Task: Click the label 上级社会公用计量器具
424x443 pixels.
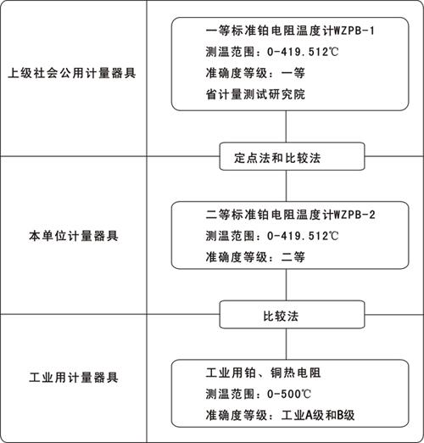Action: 72,73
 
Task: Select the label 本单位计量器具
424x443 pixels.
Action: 74,236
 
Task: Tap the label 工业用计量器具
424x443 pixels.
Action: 74,378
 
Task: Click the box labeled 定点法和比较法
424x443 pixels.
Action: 292,156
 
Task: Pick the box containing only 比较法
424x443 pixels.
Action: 292,315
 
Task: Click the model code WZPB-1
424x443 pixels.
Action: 354,31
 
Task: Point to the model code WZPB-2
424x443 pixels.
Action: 354,215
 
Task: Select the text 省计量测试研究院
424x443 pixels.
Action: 255,94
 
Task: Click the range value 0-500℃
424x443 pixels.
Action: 288,394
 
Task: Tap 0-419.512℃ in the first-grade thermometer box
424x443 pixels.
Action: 303,52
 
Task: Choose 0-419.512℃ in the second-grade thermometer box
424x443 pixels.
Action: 303,236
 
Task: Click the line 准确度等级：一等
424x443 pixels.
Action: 255,73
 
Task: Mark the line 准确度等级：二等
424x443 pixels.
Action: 255,257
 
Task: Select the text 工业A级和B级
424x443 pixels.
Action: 318,415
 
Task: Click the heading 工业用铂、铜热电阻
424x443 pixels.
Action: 263,373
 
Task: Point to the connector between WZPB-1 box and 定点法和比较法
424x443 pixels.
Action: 286,126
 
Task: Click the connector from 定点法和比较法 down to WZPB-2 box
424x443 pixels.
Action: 286,186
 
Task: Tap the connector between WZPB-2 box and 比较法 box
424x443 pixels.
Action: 286,284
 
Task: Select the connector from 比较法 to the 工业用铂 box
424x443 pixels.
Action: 286,344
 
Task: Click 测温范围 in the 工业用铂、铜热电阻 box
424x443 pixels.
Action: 230,394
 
